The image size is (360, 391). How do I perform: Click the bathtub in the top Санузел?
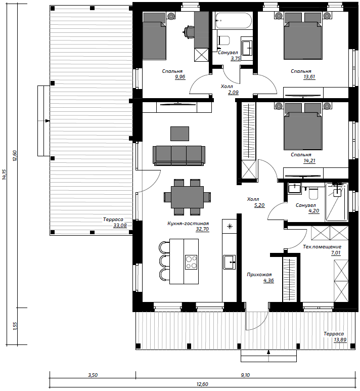click(233, 20)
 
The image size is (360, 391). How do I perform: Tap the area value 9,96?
click(180, 77)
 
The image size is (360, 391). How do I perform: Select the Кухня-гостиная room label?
click(188, 224)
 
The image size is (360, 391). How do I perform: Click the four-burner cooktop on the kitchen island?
click(191, 262)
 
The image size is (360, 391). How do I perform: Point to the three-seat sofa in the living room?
click(179, 156)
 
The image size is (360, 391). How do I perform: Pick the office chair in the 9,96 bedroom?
click(189, 32)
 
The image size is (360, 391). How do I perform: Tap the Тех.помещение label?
click(322, 247)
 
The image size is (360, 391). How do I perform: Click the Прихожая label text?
click(259, 275)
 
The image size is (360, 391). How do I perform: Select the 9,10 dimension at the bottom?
click(246, 375)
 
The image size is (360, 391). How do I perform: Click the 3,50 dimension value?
click(93, 375)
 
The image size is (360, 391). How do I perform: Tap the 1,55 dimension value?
click(15, 326)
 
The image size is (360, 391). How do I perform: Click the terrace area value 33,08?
click(120, 226)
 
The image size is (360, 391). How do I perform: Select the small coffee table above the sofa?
click(180, 134)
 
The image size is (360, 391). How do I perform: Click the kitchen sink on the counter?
click(229, 262)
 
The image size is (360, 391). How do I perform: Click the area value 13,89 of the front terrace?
click(340, 339)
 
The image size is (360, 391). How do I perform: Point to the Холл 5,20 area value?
click(259, 205)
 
